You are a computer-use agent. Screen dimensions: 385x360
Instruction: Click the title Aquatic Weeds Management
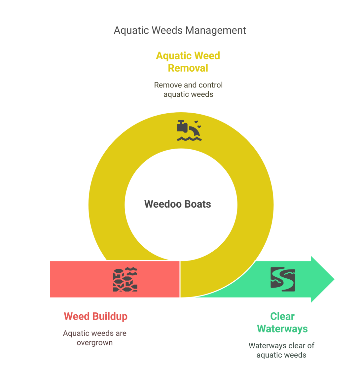pos(180,30)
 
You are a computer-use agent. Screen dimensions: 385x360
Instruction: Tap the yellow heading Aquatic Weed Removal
pos(188,62)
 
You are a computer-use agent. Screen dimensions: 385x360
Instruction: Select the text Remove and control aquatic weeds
pos(188,89)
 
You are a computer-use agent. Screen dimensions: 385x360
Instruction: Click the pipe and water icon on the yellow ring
pos(189,131)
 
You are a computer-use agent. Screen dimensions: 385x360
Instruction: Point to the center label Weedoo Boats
pos(177,204)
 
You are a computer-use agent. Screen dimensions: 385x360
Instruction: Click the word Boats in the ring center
pos(198,204)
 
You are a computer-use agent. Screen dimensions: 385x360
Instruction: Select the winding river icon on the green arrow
pos(283,279)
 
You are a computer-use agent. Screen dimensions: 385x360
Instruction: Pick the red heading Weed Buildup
pos(95,316)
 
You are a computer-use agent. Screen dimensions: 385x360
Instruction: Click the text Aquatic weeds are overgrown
pos(95,338)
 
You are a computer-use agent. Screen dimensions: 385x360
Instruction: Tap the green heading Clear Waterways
pos(282,323)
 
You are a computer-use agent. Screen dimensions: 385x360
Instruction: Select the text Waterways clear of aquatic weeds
pos(281,350)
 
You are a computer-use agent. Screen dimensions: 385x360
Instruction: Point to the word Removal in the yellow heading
pos(188,68)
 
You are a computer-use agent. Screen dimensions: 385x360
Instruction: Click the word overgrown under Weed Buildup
pos(95,343)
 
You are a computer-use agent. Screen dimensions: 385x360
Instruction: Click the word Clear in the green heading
pos(282,316)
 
